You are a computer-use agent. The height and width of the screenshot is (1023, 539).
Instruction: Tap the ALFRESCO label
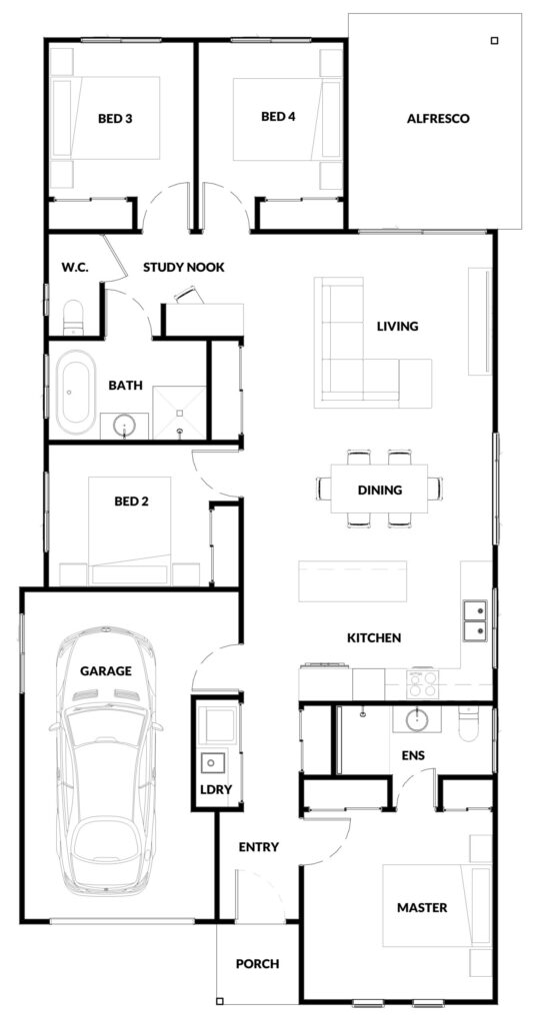point(438,119)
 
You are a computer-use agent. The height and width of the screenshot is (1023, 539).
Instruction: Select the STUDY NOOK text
point(184,267)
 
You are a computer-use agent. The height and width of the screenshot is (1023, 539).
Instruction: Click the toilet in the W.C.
point(73,317)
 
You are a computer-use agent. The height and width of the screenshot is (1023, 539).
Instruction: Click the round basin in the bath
point(124,427)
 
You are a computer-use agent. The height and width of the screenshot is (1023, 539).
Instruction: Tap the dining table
point(379,488)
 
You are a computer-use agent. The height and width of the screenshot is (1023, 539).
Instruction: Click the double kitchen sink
point(475,620)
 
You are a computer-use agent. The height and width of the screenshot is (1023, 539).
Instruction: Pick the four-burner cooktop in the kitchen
point(423,684)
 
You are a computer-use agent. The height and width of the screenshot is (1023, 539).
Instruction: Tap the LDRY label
point(216,789)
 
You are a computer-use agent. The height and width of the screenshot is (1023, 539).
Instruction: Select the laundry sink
point(213,761)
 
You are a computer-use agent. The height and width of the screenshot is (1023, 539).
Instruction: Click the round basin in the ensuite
point(417,719)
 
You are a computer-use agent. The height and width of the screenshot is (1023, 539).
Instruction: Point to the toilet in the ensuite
point(469,723)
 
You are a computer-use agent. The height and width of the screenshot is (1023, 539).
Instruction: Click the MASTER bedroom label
point(423,907)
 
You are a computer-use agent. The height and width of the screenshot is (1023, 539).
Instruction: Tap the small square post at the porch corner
point(220,1001)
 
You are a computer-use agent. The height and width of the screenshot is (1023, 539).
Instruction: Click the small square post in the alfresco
point(495,40)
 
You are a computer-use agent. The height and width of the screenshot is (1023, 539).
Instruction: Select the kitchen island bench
point(353,580)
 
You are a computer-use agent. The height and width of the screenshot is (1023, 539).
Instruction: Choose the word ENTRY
point(259,847)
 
